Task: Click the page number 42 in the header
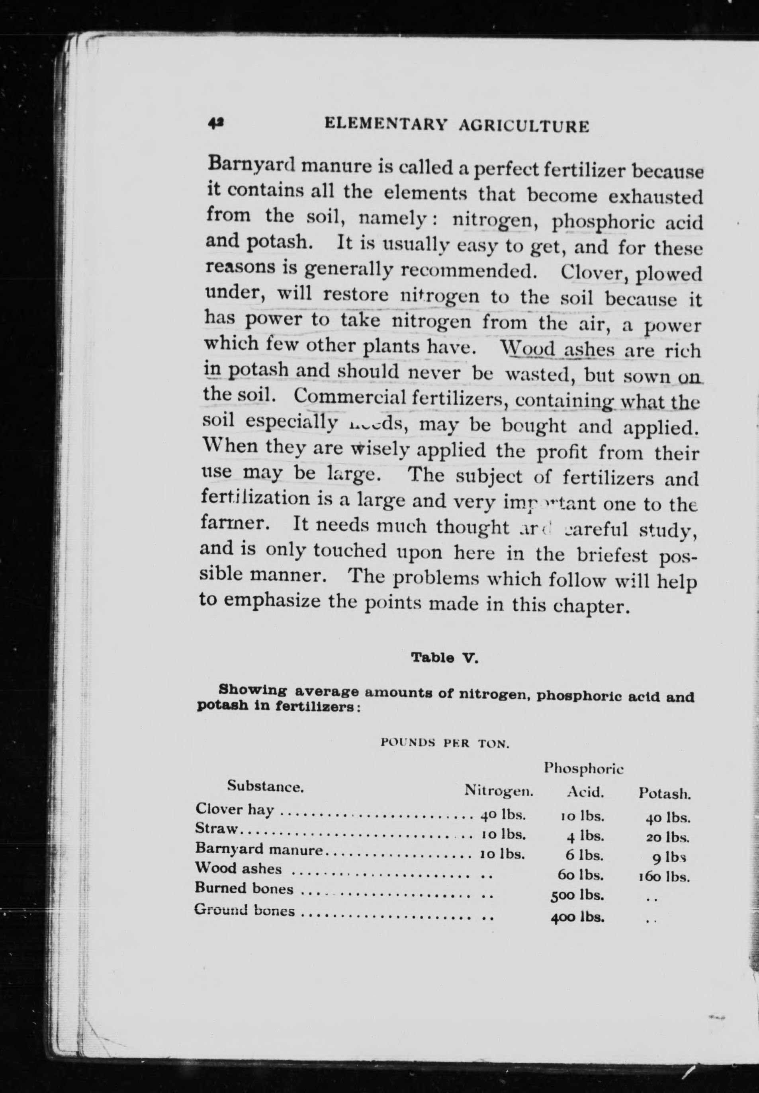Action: pos(216,123)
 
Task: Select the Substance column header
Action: pos(265,786)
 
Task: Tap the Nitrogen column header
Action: pos(499,791)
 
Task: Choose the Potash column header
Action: pos(664,794)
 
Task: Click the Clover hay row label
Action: pos(235,809)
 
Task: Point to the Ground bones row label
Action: pos(245,911)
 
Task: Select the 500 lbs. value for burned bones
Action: pos(577,897)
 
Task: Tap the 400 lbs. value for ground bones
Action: pos(577,917)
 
